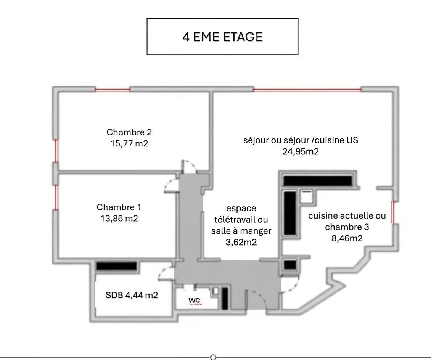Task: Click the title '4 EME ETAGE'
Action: coord(222,37)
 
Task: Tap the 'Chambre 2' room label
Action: coord(129,132)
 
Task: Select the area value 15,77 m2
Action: coord(129,143)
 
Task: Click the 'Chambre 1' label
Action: coord(119,207)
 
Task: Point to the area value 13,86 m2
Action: coord(119,219)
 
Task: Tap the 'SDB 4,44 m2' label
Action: coord(132,295)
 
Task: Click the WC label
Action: coord(195,301)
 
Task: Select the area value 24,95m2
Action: coord(301,151)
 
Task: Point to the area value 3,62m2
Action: coord(241,242)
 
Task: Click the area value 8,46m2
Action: coord(347,238)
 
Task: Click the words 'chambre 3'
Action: coord(347,227)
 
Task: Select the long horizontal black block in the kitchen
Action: coord(317,181)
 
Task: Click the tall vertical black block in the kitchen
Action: coord(290,213)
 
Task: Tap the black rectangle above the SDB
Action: coord(117,266)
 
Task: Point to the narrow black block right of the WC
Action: coord(225,299)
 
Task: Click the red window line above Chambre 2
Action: coord(113,89)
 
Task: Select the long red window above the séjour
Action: coord(307,89)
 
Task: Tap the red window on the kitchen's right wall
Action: coord(393,212)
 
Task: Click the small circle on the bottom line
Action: coord(213,357)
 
